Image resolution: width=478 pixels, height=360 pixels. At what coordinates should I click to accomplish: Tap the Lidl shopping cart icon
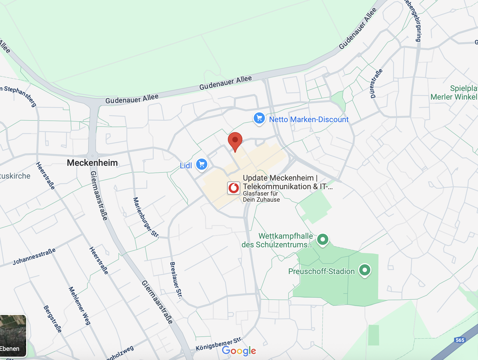point(202,164)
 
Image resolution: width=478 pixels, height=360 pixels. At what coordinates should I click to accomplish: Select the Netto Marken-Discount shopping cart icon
point(259,118)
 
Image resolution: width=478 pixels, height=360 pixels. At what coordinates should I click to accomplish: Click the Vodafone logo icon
point(234,188)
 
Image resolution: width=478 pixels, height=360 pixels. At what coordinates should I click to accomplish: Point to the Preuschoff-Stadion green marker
point(364,270)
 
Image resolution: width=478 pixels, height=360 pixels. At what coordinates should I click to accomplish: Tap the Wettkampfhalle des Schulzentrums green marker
point(323,239)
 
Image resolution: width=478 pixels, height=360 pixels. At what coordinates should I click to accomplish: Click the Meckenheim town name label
point(92,163)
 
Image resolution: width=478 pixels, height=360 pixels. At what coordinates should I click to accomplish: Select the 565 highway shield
point(460,340)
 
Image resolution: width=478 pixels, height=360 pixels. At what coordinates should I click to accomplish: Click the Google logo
point(239,351)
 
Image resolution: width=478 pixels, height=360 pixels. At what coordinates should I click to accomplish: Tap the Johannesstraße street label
point(34,257)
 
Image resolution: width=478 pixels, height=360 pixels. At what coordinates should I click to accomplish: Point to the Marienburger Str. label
point(146,218)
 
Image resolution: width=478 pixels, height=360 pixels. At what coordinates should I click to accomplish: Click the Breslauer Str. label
point(176,280)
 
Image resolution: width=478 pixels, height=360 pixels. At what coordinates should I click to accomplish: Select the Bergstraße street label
point(53,319)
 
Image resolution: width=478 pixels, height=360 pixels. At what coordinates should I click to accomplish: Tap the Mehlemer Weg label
point(80,305)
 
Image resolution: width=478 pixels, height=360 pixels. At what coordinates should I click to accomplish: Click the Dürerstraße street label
point(376,83)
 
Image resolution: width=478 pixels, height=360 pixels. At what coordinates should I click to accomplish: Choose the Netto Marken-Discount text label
point(309,119)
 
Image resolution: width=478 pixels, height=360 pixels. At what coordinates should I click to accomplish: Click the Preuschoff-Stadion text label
point(321,271)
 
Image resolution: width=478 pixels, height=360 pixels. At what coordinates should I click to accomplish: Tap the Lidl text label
point(186,166)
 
